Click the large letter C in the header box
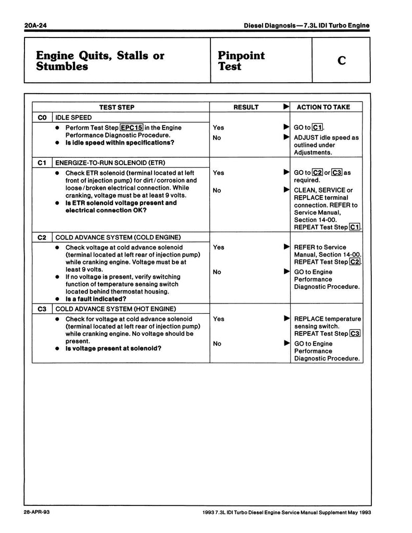tap(341, 61)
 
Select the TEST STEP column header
tap(117, 107)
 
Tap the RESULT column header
tap(246, 107)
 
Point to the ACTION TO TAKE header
tap(323, 107)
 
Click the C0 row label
tap(43, 118)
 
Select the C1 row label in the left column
tap(43, 162)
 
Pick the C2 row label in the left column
tap(43, 237)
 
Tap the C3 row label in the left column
tap(43, 309)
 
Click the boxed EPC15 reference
tap(131, 128)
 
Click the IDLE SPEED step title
tap(73, 118)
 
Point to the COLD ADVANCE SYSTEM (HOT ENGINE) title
tap(119, 309)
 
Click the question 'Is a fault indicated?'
tap(96, 299)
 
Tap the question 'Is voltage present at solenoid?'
tap(113, 348)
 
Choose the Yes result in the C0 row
tap(219, 128)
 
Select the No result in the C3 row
tap(217, 344)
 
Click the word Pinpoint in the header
tap(241, 56)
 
